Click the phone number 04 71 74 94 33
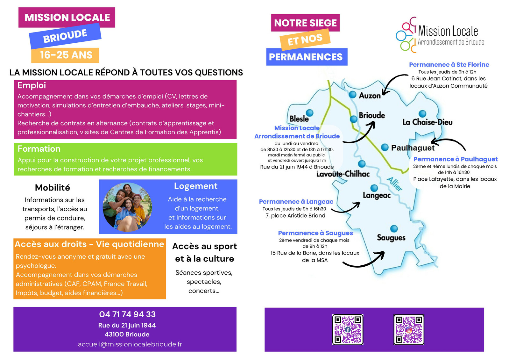click(127, 314)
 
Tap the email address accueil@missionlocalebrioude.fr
click(130, 344)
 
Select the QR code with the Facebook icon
click(348, 329)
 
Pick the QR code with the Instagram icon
click(409, 329)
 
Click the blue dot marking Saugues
click(394, 228)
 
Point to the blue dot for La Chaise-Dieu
click(422, 114)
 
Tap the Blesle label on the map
click(299, 119)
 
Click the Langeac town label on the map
click(377, 195)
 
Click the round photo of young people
click(127, 207)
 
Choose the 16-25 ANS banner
click(66, 55)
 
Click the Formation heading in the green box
click(39, 149)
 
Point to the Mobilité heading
click(53, 188)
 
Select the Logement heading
click(196, 186)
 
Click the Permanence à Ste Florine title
click(449, 65)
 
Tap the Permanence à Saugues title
click(315, 233)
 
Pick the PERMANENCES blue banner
click(306, 57)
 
